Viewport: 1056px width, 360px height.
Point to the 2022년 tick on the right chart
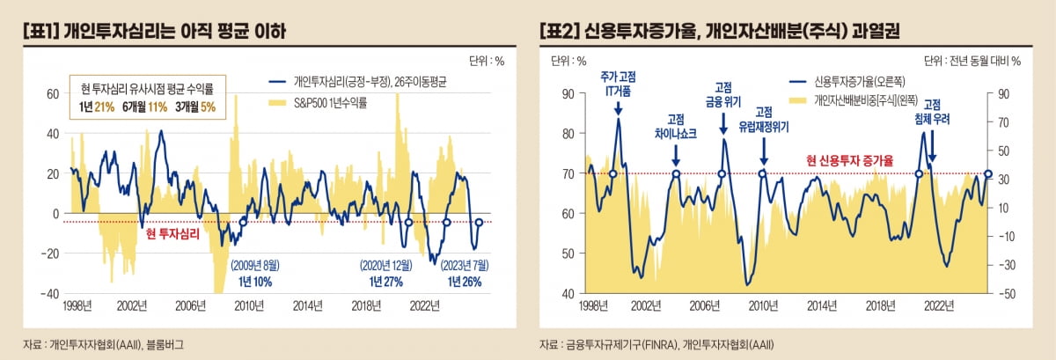pos(938,305)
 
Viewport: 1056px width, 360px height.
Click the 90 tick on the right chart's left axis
pos(568,94)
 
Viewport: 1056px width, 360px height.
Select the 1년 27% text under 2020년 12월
pos(382,282)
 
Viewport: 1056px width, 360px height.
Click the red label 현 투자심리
pos(172,235)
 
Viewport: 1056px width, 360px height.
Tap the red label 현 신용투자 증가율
pos(851,161)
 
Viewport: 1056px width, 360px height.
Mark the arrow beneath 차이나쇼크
pos(676,156)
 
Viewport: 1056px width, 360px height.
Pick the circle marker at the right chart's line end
pos(987,174)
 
